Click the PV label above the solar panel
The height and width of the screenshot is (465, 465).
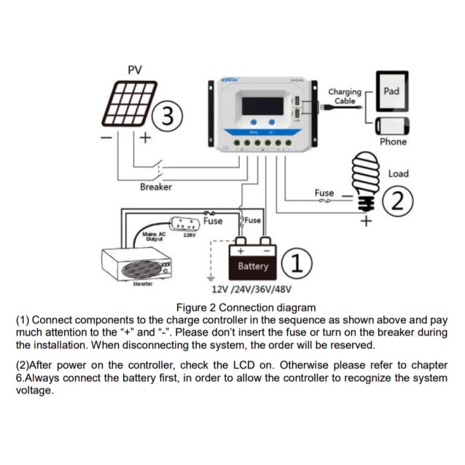pyautogui.click(x=134, y=70)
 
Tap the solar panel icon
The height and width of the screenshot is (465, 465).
pyautogui.click(x=129, y=104)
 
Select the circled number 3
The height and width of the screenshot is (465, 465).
pyautogui.click(x=167, y=117)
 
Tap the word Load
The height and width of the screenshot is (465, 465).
pyautogui.click(x=398, y=173)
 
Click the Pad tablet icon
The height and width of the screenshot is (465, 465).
pyautogui.click(x=391, y=93)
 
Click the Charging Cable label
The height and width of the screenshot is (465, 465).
pyautogui.click(x=345, y=97)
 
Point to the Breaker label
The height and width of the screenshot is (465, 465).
pyautogui.click(x=155, y=187)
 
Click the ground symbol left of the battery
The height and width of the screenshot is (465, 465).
pyautogui.click(x=211, y=278)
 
